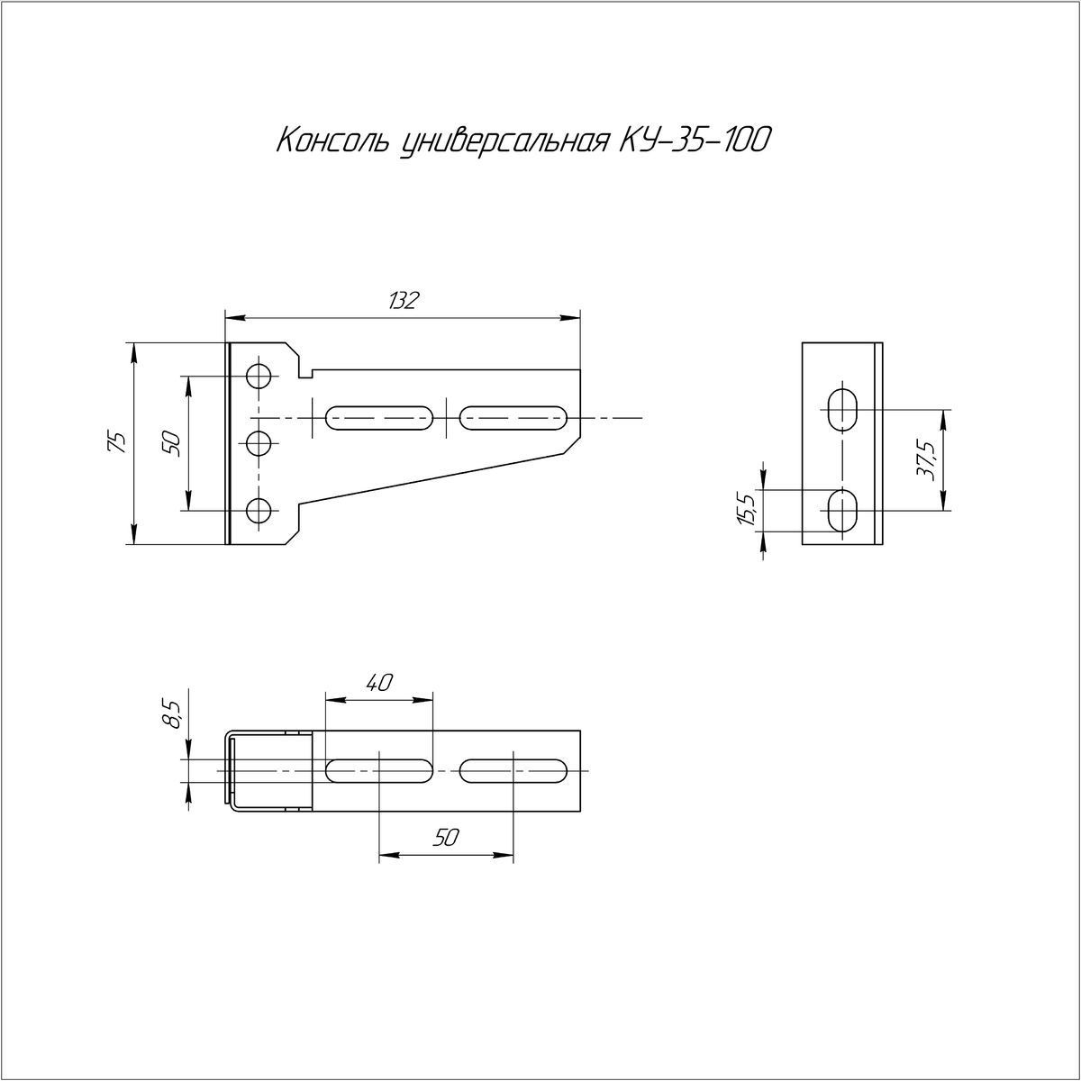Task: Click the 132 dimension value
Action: [x=403, y=301]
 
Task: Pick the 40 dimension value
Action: [x=379, y=682]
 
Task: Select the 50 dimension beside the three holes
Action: [x=172, y=443]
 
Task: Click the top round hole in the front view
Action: [x=259, y=376]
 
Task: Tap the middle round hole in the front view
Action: [x=259, y=443]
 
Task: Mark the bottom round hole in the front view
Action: [x=259, y=511]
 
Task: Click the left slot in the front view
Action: [x=379, y=418]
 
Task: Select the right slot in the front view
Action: [x=513, y=418]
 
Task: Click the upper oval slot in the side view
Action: [x=842, y=409]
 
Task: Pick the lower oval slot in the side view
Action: [x=842, y=511]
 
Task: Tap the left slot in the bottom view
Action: [x=379, y=771]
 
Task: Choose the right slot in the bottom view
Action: [x=513, y=771]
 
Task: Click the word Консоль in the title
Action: [x=332, y=141]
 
